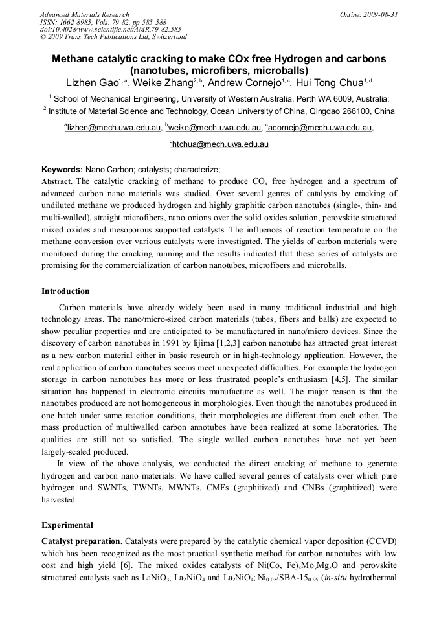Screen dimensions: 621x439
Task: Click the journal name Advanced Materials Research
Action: [84, 14]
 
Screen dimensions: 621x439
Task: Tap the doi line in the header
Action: [110, 29]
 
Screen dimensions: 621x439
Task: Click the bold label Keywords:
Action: [62, 170]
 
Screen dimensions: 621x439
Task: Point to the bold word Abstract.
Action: [57, 182]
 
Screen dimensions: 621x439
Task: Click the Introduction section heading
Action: [65, 291]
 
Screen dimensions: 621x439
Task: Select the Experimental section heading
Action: [67, 525]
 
